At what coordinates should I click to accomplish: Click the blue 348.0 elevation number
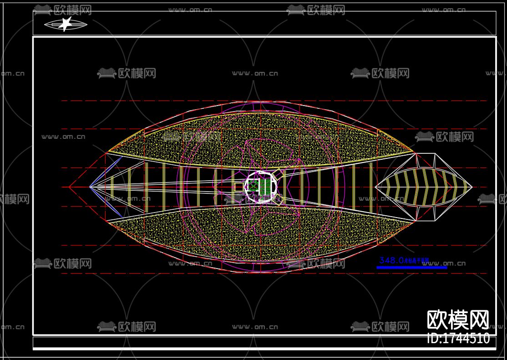[x=391, y=260]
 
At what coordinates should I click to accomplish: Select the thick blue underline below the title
[x=411, y=268]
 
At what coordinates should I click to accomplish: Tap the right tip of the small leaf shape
[x=472, y=187]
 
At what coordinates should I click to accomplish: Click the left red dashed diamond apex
[x=69, y=187]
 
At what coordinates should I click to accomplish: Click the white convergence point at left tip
[x=90, y=187]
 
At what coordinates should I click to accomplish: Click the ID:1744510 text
[x=458, y=339]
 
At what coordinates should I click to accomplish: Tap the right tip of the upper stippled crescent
[x=413, y=152]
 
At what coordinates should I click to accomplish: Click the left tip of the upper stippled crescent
[x=109, y=151]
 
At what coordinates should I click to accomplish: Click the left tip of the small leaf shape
[x=375, y=187]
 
